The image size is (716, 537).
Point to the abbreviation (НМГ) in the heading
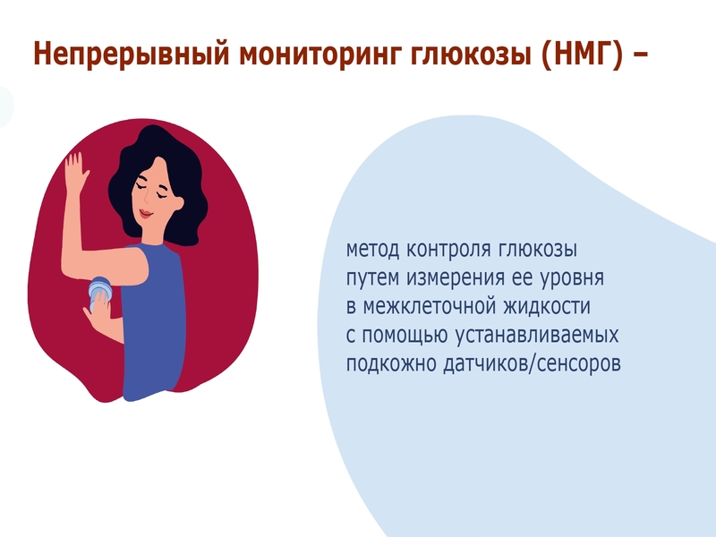[581, 54]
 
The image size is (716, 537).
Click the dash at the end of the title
[640, 56]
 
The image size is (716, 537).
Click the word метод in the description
[372, 250]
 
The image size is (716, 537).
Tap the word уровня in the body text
[572, 278]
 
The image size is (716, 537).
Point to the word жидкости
[547, 307]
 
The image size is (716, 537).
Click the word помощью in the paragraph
[405, 336]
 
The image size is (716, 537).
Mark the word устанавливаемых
[537, 336]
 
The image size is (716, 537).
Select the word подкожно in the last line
[390, 364]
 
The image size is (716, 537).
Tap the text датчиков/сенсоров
[532, 364]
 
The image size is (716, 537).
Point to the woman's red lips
[145, 213]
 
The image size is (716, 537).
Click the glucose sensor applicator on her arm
[99, 293]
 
